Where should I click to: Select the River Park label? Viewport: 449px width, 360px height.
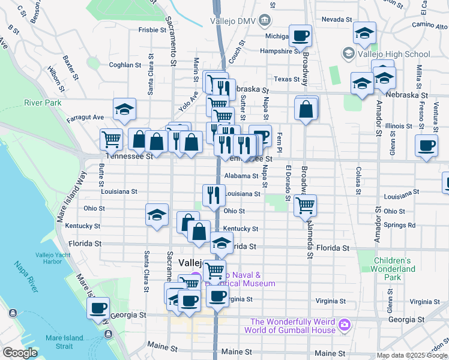tap(43, 103)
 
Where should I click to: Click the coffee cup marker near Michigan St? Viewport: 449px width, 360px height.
tap(300, 35)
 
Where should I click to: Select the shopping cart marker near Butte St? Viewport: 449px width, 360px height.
tap(112, 139)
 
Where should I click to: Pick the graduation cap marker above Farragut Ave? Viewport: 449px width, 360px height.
tap(124, 109)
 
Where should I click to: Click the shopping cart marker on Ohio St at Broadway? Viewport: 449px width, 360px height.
tap(306, 205)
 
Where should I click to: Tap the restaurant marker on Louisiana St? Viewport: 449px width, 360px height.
tap(214, 194)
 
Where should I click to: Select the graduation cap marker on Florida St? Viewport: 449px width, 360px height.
tap(221, 242)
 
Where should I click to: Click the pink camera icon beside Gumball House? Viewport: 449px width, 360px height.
tap(344, 325)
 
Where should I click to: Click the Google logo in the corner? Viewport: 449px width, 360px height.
tap(20, 353)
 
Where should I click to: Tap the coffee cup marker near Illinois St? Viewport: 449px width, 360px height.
tap(426, 145)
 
